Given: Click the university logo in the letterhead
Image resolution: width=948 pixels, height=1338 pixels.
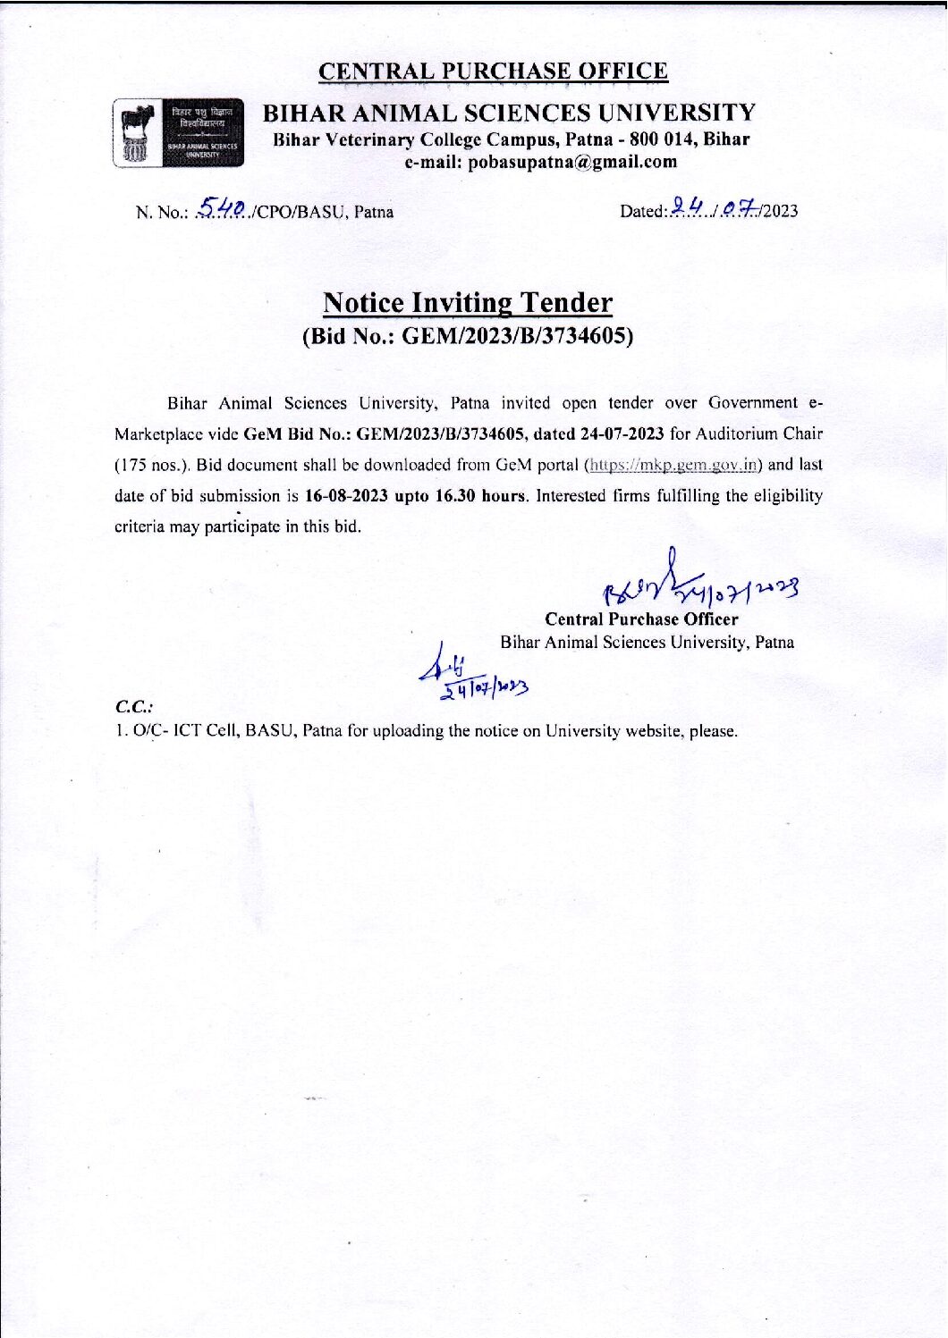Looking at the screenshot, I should (x=178, y=132).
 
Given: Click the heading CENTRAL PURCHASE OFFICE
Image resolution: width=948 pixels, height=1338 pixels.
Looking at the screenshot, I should (x=493, y=71).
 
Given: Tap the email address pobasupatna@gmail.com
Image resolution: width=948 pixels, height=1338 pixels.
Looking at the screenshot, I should (x=541, y=162).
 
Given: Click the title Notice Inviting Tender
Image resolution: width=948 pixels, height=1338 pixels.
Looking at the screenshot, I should (x=468, y=303).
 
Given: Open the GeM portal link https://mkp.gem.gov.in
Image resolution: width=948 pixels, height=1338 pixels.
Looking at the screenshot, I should (x=672, y=465).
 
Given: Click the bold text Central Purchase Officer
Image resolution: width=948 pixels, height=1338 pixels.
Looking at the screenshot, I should (x=641, y=619).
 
